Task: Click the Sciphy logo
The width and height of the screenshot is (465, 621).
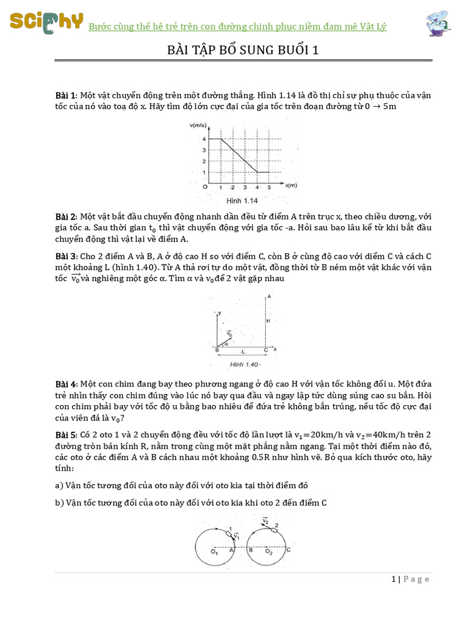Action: click(x=45, y=22)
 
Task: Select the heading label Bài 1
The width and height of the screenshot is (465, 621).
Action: click(x=66, y=96)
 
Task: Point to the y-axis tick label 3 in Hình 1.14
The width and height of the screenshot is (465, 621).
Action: click(x=204, y=150)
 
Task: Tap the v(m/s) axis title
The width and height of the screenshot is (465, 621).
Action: click(x=198, y=125)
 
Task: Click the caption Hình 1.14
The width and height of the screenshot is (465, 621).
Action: click(x=242, y=200)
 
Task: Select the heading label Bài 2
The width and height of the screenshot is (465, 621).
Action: click(x=66, y=217)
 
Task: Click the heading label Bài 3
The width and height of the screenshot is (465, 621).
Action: click(x=66, y=255)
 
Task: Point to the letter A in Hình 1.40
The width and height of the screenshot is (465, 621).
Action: click(x=268, y=297)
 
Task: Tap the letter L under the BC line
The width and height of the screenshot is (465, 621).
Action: click(x=243, y=352)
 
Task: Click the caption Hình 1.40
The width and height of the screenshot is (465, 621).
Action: click(x=244, y=364)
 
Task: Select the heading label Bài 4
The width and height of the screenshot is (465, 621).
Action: click(x=66, y=384)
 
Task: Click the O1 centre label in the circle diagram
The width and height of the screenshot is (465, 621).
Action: click(x=214, y=552)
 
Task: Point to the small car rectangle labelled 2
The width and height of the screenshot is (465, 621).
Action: click(x=274, y=529)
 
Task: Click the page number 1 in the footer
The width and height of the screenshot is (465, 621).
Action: click(x=394, y=579)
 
